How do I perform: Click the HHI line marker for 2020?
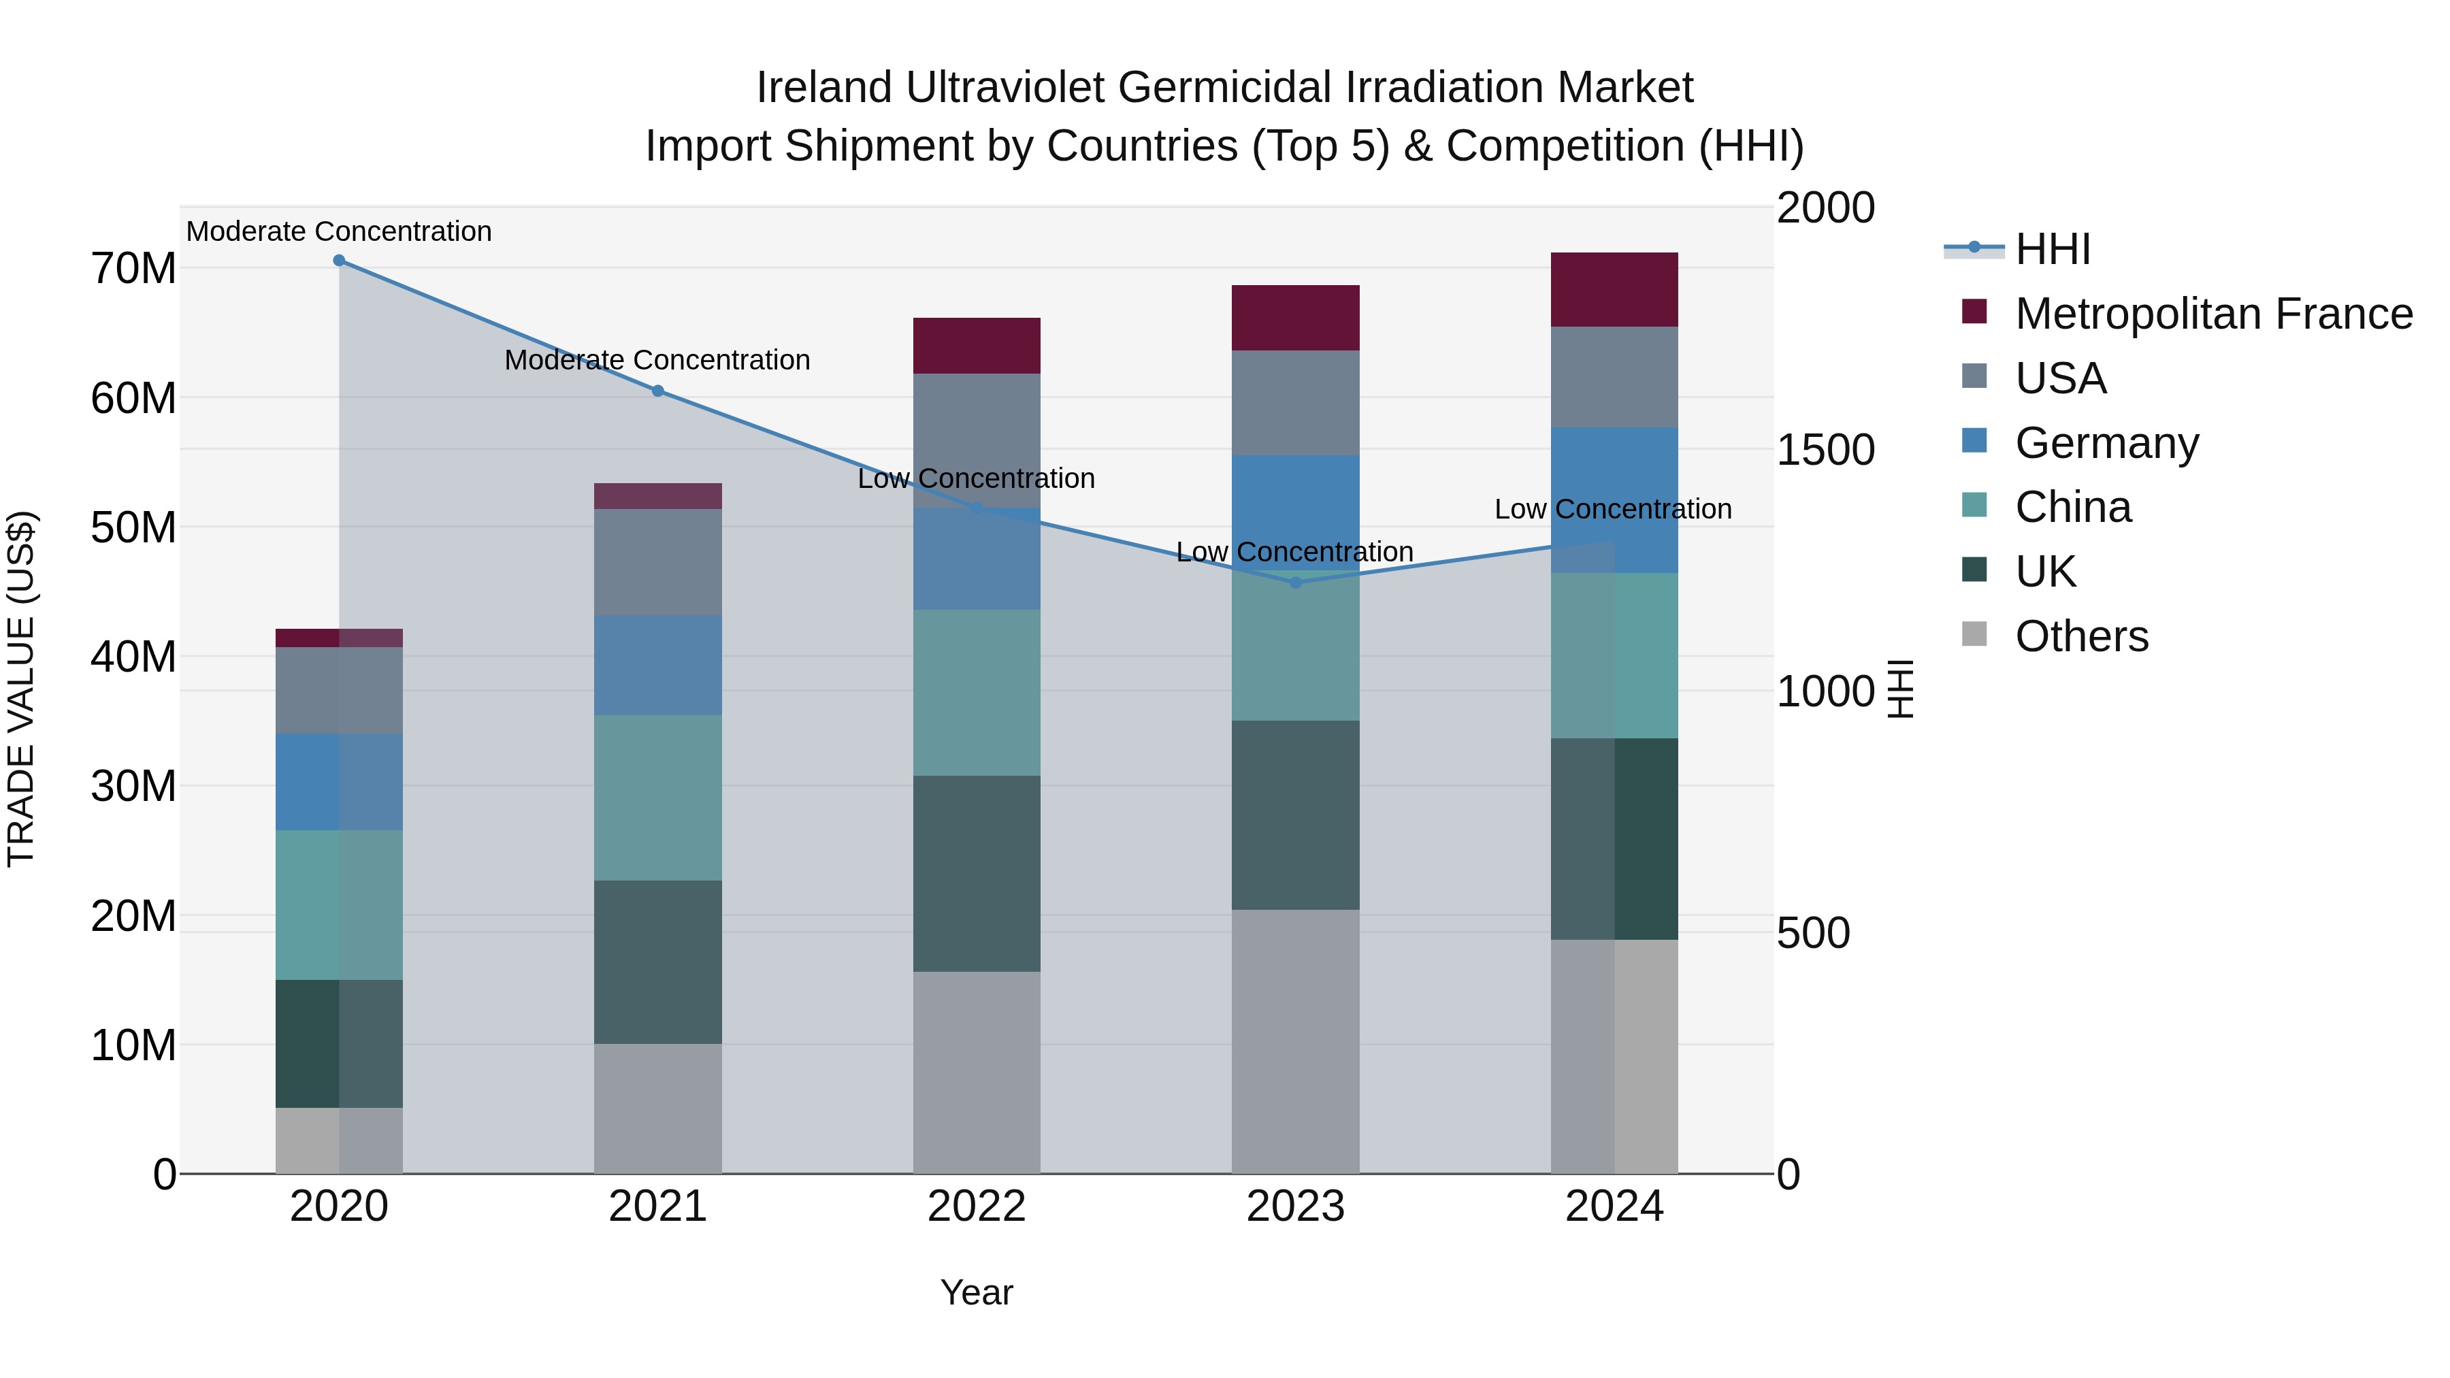[339, 261]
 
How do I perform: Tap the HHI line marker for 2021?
[657, 391]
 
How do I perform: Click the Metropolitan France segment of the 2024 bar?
[1614, 290]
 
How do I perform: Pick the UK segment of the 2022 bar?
[976, 873]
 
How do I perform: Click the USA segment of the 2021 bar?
[657, 562]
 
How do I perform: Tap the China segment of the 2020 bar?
[339, 904]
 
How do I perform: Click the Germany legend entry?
[2106, 443]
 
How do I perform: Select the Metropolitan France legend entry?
[2212, 314]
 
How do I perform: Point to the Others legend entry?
[2081, 636]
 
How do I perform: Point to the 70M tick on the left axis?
[133, 269]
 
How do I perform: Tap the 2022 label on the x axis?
[976, 1208]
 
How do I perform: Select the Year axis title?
[976, 1294]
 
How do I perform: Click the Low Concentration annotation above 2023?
[1294, 552]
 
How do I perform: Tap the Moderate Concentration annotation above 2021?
[657, 361]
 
